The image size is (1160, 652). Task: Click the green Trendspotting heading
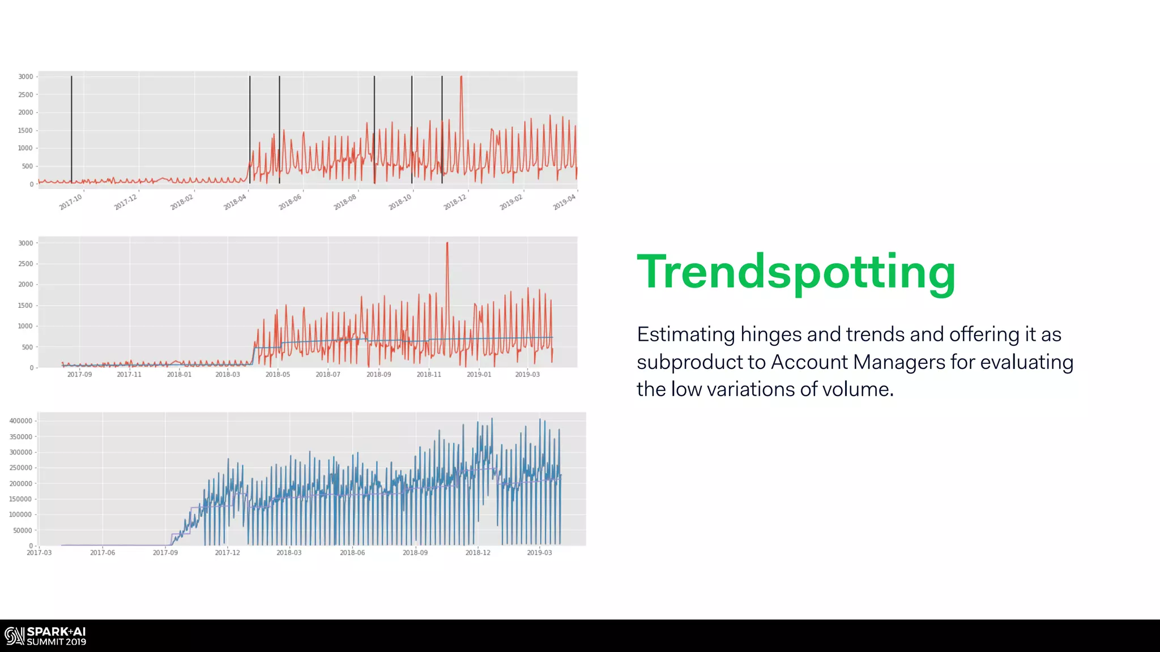pos(796,273)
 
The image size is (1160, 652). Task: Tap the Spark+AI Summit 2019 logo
pos(45,636)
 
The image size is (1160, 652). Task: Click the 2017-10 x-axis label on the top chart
pos(71,201)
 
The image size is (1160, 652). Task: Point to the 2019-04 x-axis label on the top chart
pos(564,201)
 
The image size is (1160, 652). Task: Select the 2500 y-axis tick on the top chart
pos(25,95)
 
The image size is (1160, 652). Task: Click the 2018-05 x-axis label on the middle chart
pos(278,375)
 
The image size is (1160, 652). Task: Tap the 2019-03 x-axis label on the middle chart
pos(527,375)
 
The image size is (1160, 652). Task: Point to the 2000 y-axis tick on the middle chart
pos(25,285)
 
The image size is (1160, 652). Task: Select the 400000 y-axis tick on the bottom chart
pos(21,421)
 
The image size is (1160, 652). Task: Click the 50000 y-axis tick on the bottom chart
pos(23,531)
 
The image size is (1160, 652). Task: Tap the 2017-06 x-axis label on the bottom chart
pos(103,553)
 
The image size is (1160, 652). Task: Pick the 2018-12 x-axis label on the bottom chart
pos(478,553)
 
